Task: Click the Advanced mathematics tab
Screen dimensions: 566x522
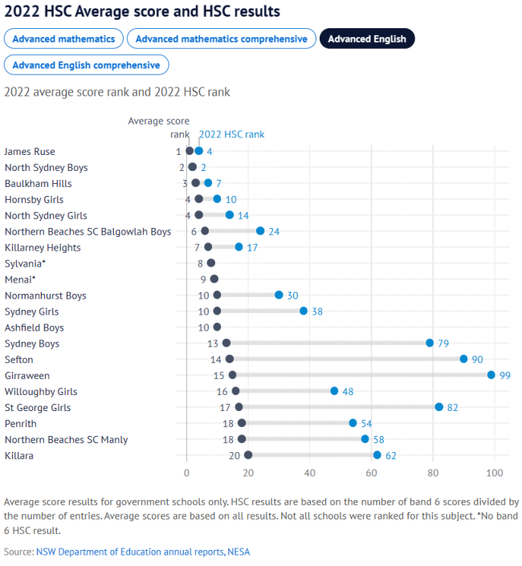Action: tap(64, 39)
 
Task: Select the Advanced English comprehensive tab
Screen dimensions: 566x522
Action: tap(86, 65)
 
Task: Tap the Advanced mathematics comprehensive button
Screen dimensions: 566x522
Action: tap(221, 39)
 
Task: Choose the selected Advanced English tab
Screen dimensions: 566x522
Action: tap(367, 39)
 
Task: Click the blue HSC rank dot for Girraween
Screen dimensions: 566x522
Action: tap(491, 375)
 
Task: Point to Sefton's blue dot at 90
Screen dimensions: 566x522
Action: tap(463, 359)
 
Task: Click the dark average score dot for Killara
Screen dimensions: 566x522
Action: tap(248, 455)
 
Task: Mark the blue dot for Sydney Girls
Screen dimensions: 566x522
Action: tap(304, 311)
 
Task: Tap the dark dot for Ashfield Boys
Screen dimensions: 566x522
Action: tap(217, 327)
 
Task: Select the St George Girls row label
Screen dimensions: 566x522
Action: tap(38, 407)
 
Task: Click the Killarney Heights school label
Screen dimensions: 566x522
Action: tap(43, 247)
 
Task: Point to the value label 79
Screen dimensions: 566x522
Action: tap(443, 344)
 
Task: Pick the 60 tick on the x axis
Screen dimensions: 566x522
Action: tap(371, 472)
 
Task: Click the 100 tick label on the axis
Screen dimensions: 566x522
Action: tap(494, 472)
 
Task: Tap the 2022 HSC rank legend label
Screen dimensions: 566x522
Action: tap(231, 134)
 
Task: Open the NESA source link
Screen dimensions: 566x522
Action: tap(239, 552)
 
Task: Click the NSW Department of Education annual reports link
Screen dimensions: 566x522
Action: tap(129, 552)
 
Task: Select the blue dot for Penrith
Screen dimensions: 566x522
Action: tap(353, 423)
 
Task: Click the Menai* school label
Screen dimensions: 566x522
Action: tap(21, 279)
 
